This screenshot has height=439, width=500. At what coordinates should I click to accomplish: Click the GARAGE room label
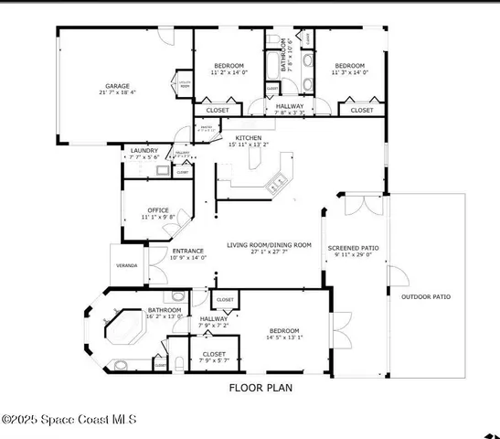(117, 86)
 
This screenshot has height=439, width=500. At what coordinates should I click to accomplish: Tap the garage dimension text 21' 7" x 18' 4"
(117, 92)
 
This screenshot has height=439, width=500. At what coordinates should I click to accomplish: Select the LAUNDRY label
(144, 150)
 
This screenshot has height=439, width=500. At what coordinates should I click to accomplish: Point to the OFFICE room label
(158, 210)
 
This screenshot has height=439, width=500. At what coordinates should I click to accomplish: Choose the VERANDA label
(127, 265)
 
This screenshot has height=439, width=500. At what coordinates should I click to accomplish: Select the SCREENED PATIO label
(353, 247)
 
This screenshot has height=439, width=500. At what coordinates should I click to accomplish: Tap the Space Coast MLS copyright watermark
(69, 420)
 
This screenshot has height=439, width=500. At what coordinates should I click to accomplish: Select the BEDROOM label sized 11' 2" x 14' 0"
(229, 66)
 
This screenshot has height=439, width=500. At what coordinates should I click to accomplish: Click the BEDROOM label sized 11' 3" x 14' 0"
(349, 66)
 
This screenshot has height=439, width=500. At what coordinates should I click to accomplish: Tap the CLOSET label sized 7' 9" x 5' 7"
(214, 353)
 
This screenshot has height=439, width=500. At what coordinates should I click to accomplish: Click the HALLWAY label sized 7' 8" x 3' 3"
(290, 106)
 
